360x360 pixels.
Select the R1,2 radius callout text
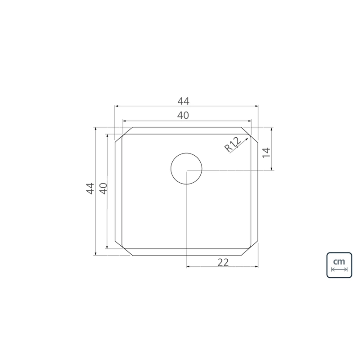(233, 145)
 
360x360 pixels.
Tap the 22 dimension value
(223, 262)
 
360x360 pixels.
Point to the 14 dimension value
(266, 153)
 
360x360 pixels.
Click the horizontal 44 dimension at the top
(184, 101)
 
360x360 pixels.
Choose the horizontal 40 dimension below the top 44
(183, 115)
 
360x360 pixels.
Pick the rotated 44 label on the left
(90, 189)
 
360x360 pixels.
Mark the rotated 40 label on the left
(103, 189)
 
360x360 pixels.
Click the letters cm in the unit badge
(339, 261)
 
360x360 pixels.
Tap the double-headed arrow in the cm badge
(339, 269)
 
